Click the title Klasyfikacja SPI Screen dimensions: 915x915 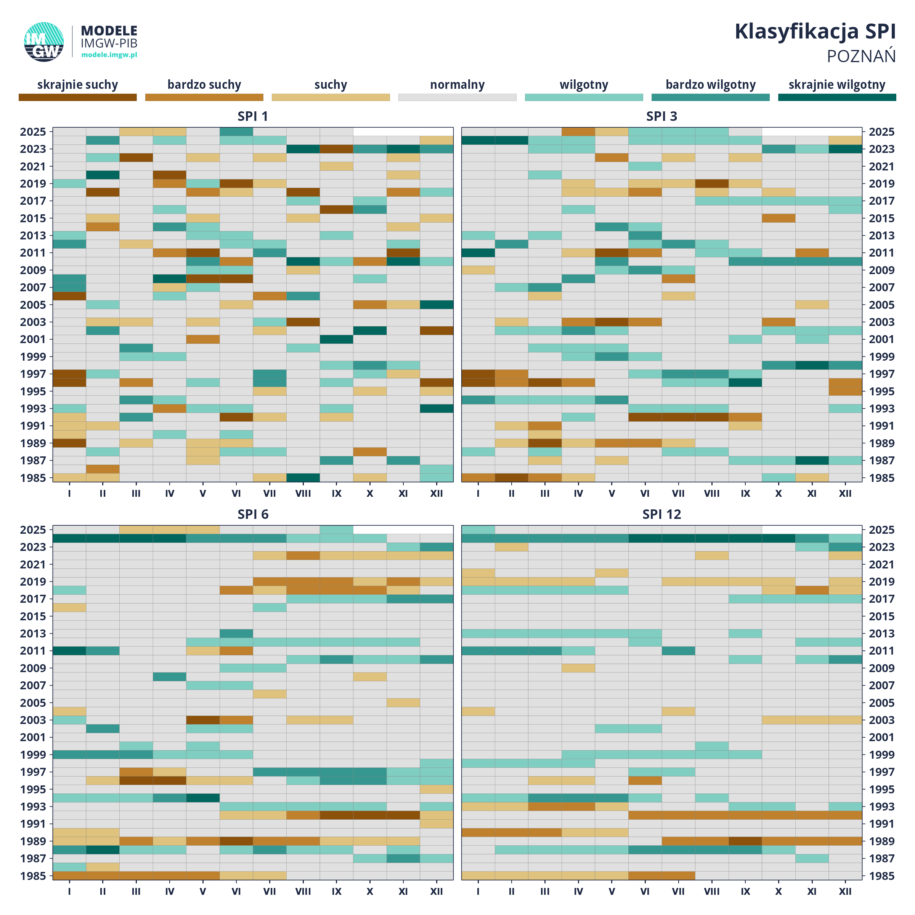815,32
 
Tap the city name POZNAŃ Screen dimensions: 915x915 861,56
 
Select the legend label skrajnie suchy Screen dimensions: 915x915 78,85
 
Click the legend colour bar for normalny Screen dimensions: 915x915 457,97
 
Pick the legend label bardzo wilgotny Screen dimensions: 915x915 710,85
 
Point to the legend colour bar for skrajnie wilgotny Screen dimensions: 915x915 837,97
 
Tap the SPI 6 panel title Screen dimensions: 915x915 253,514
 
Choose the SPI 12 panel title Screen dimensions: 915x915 661,514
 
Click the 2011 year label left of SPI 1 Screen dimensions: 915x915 33,253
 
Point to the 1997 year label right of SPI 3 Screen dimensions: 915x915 881,374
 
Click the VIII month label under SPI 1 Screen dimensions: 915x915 303,493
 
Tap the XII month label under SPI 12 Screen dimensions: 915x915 845,891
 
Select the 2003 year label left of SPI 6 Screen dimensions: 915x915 33,720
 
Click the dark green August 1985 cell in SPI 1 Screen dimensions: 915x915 303,477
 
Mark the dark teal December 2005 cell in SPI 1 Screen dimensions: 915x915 437,305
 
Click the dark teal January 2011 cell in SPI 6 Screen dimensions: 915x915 69,651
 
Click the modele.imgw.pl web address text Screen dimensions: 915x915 109,55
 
